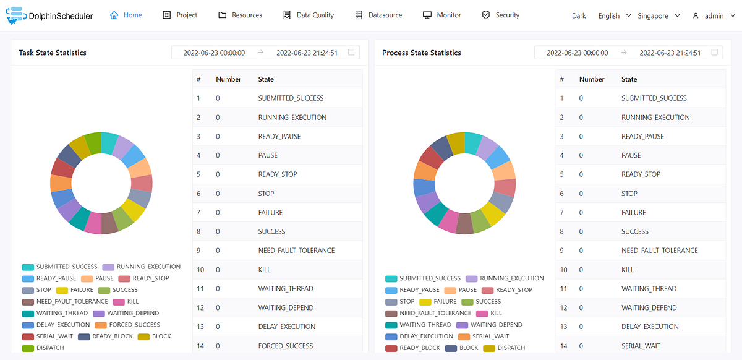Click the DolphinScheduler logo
49,15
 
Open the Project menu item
180,15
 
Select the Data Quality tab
308,15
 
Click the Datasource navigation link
378,15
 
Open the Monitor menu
441,15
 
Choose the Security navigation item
501,15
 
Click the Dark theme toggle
579,15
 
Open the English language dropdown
614,15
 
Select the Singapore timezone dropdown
659,15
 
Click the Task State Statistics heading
53,53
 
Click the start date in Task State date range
214,53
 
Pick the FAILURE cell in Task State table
270,212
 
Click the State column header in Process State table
629,79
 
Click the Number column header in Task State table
228,79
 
